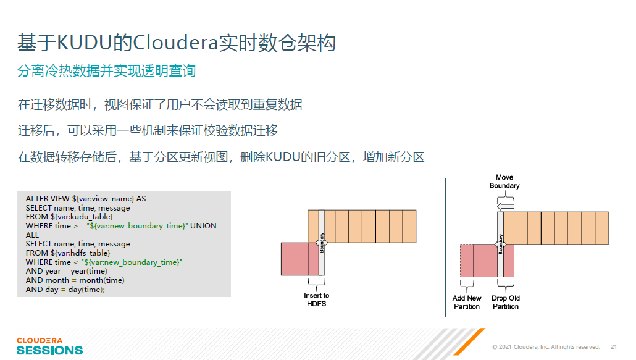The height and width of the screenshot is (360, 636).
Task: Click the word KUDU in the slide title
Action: [85, 43]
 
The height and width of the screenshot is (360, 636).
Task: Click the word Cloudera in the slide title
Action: [175, 43]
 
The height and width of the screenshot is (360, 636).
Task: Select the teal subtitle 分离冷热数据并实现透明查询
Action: [106, 71]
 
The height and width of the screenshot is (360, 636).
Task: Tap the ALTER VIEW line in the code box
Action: [86, 199]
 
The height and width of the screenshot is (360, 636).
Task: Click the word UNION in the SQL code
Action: [203, 226]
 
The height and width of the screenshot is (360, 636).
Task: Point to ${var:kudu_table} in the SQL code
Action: [82, 217]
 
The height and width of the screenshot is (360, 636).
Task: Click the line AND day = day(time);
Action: [65, 290]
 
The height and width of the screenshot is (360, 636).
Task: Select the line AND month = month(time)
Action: [75, 280]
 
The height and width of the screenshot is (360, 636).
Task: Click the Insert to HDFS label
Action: [316, 299]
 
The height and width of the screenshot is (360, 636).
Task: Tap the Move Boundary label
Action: [504, 182]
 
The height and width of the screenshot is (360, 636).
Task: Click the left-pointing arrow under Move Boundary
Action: [505, 206]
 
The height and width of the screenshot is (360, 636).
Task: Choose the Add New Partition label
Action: [467, 303]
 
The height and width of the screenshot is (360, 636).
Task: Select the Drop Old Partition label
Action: [505, 303]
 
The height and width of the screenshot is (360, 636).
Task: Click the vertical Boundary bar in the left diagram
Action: [322, 243]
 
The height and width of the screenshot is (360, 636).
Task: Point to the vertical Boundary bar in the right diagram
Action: [501, 244]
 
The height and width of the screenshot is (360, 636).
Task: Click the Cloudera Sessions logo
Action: [49, 346]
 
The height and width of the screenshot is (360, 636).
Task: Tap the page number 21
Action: [614, 346]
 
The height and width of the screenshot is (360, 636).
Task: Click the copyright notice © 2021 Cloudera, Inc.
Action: [546, 346]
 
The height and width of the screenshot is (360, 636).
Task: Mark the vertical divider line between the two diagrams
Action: [445, 248]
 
